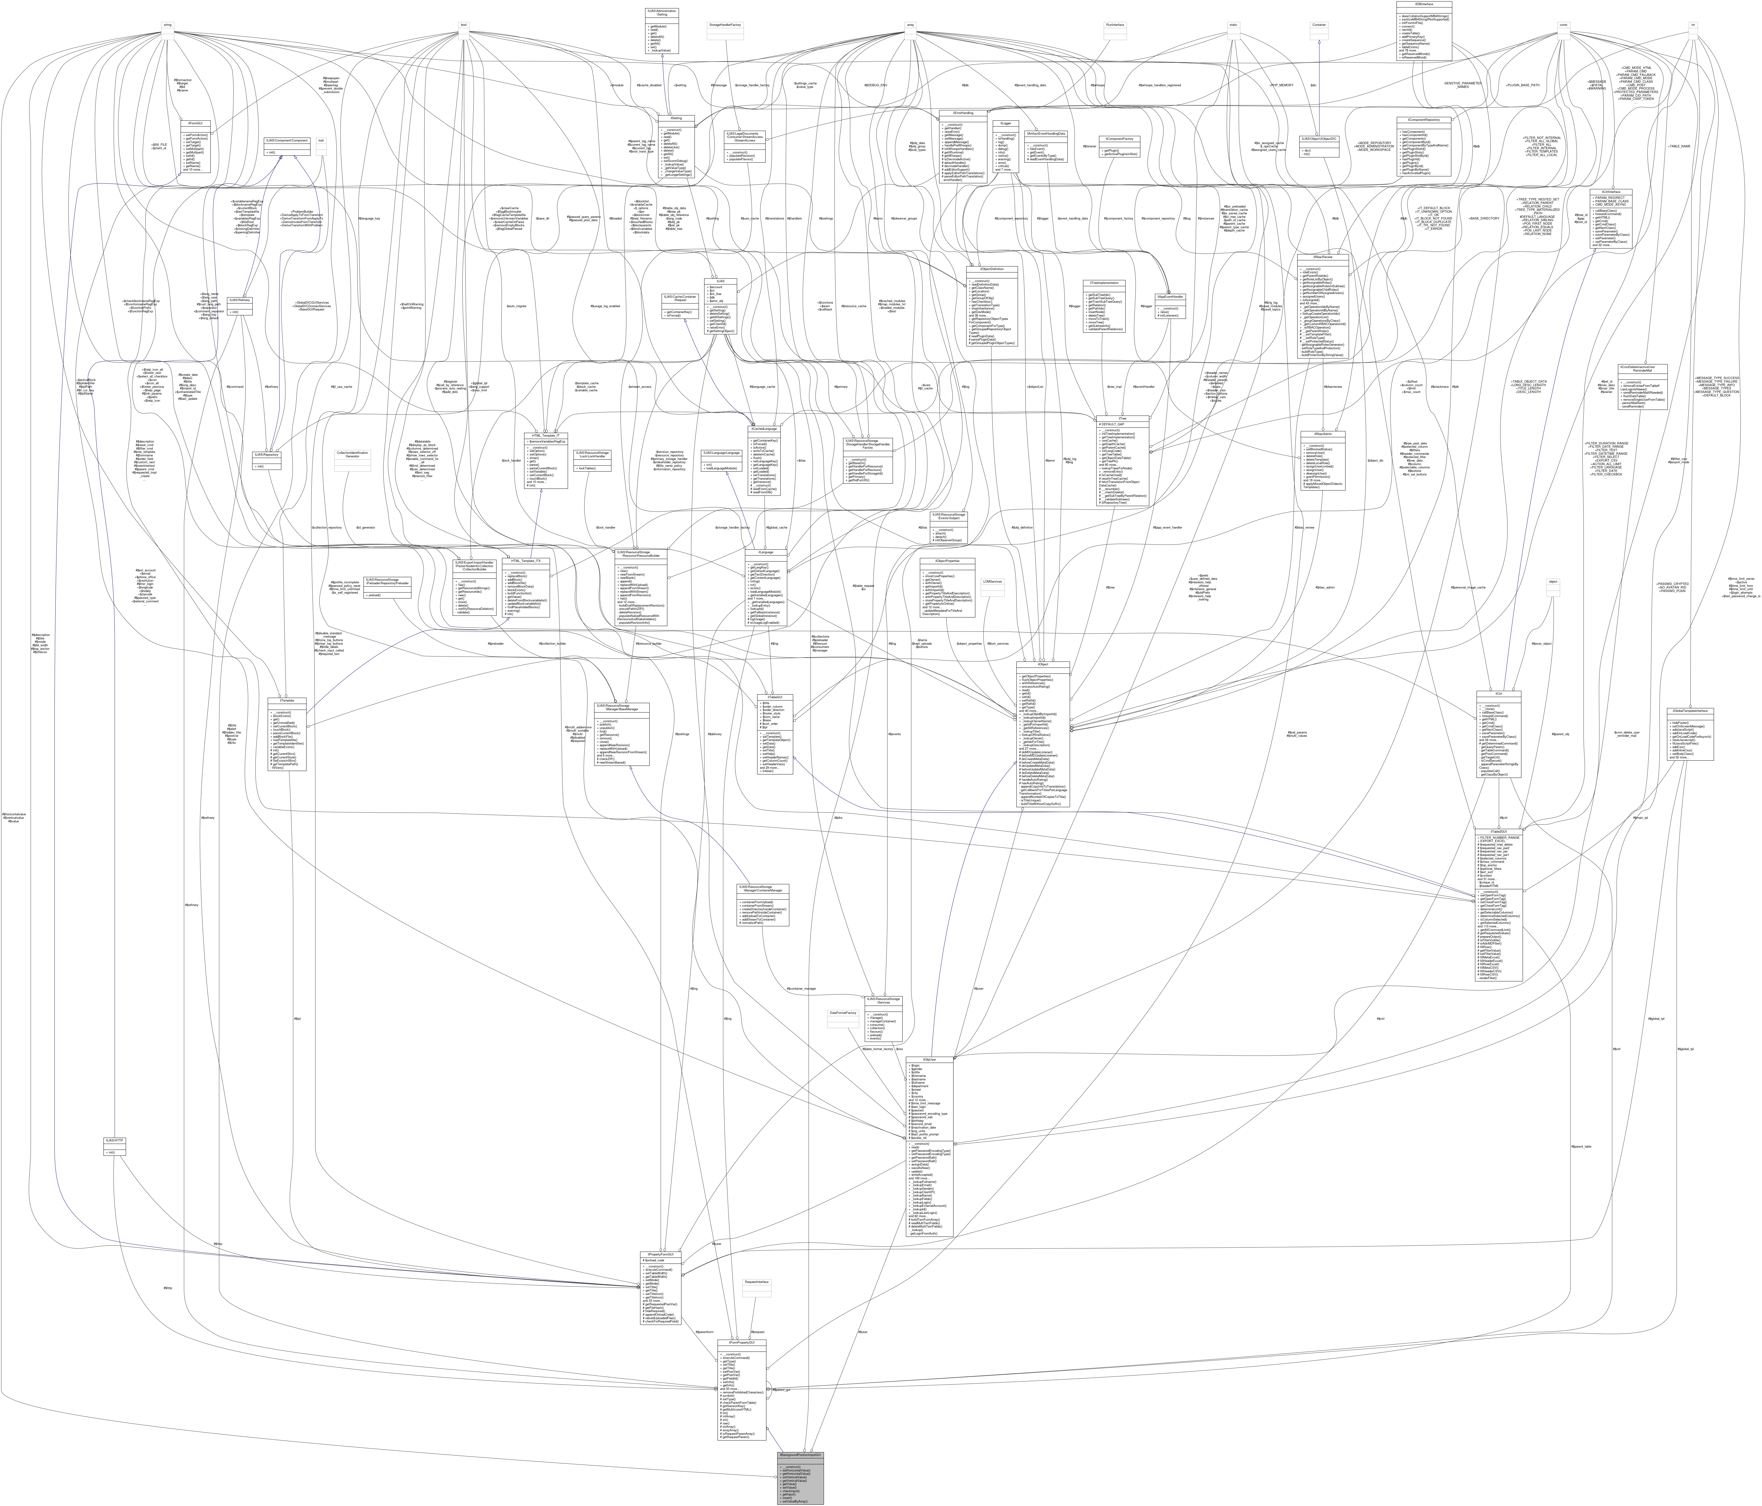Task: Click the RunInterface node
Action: point(1115,25)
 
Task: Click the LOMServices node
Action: point(992,582)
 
